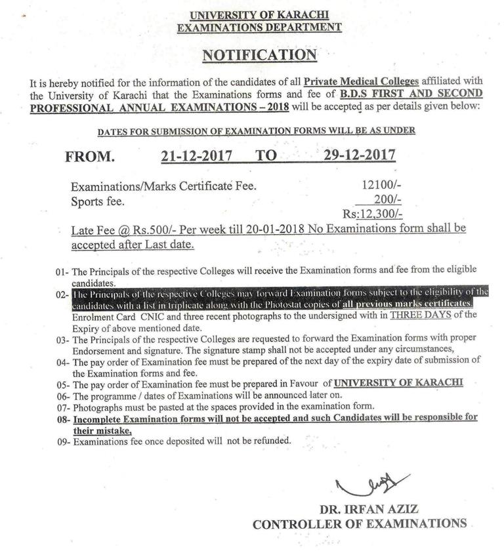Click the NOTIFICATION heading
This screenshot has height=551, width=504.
coord(259,55)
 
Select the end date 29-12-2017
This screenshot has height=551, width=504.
coord(359,155)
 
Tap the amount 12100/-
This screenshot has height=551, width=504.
coord(377,186)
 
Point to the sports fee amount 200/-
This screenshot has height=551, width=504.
coord(387,200)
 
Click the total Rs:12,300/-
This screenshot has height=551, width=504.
coord(372,214)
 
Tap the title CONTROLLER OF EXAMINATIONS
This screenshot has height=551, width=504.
coord(360,523)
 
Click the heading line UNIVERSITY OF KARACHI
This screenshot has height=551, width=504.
coord(259,14)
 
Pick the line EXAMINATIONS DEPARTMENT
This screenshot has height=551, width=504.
coord(259,27)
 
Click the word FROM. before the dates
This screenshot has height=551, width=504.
coord(90,157)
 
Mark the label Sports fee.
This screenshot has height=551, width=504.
coord(97,201)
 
